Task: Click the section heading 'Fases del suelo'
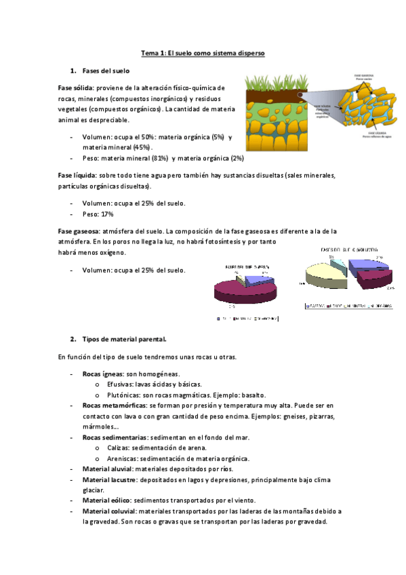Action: pos(106,71)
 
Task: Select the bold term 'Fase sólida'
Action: pos(75,87)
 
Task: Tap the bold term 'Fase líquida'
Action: pos(77,175)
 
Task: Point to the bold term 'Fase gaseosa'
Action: pos(78,231)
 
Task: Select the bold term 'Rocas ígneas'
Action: pos(103,374)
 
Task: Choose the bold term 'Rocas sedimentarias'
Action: pos(113,438)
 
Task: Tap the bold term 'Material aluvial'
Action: pos(107,469)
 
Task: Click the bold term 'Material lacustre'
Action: pos(108,479)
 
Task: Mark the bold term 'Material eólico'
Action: pos(106,500)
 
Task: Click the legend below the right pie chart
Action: pos(348,306)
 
